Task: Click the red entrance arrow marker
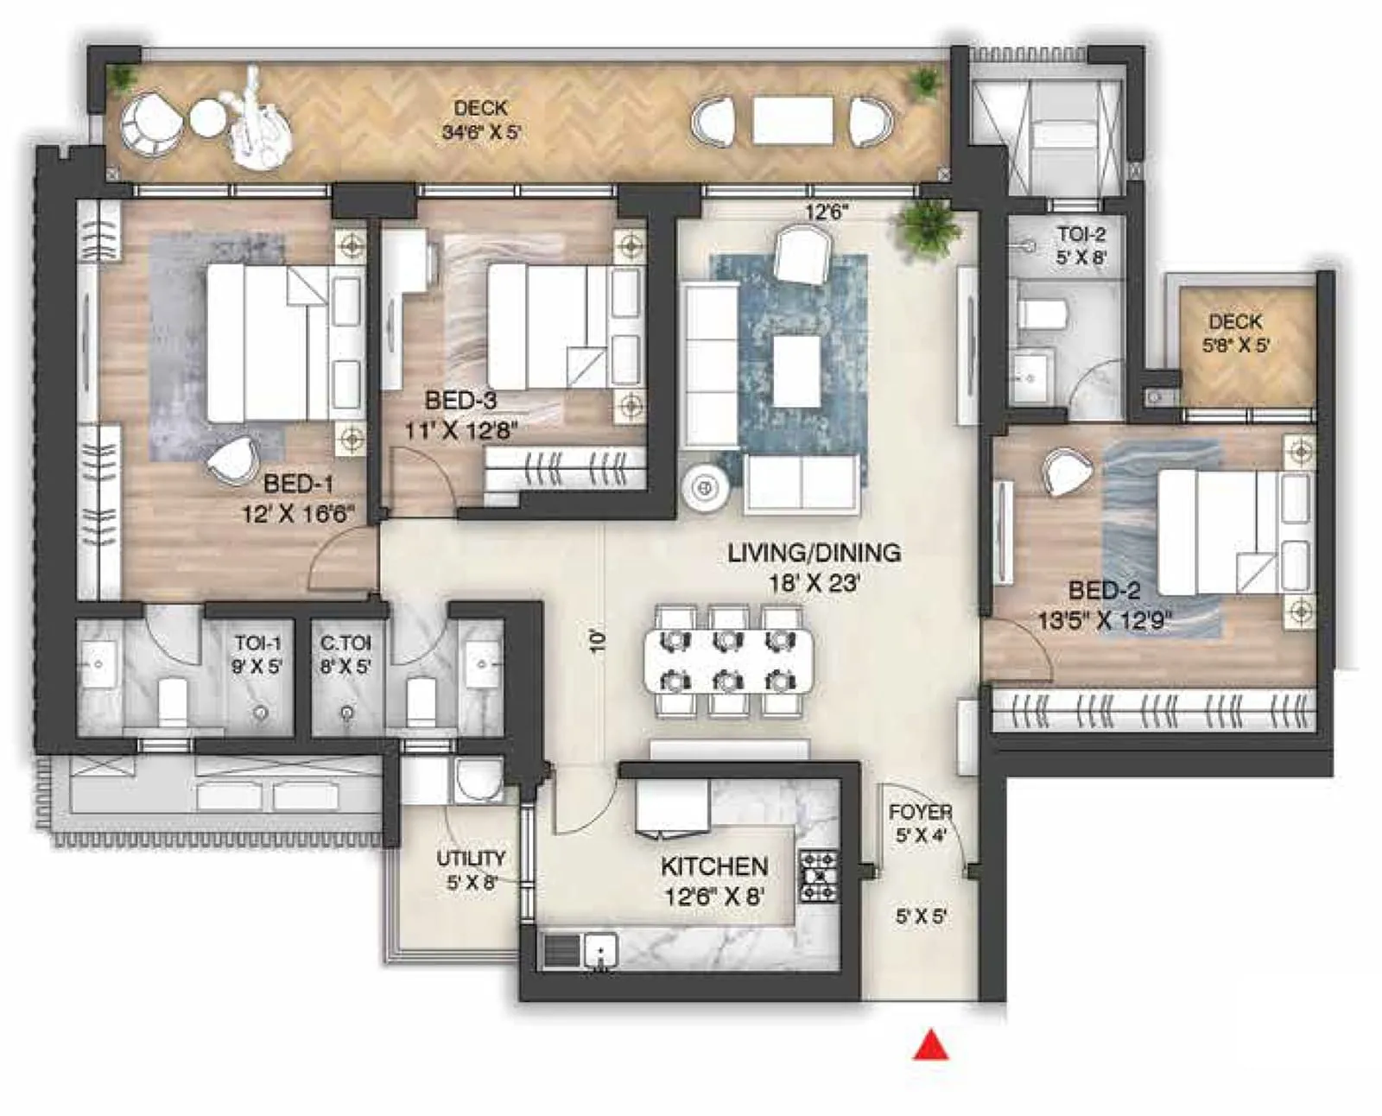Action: coord(931,1045)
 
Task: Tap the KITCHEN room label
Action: coord(714,866)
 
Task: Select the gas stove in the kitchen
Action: coord(818,876)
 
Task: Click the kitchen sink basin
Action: coord(600,950)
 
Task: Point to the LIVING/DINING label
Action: coord(814,553)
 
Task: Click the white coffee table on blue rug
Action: coord(796,371)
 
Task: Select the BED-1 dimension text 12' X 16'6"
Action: coord(299,515)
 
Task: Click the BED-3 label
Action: coord(460,401)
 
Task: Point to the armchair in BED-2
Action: coord(1068,472)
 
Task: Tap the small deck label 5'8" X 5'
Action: coord(1236,346)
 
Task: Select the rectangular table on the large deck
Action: coord(792,120)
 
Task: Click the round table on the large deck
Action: coord(207,118)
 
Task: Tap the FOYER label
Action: coord(920,813)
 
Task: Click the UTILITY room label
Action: coord(471,858)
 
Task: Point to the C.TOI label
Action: coord(345,644)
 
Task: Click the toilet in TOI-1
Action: coord(173,700)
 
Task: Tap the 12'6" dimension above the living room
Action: coord(827,212)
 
